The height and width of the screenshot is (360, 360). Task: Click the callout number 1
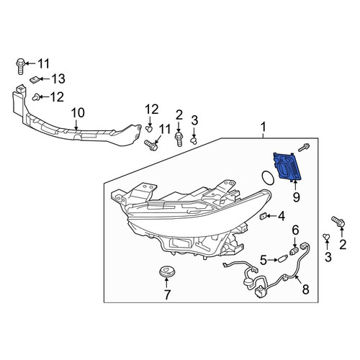click(x=264, y=127)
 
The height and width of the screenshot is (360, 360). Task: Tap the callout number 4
click(x=282, y=216)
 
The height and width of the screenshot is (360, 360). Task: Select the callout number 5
click(x=264, y=260)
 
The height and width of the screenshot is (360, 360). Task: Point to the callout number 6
click(x=295, y=230)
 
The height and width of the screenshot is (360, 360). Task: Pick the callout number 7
click(x=167, y=294)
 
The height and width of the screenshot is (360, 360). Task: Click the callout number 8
click(x=305, y=289)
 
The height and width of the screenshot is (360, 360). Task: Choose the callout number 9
click(x=296, y=197)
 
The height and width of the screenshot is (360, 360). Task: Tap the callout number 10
click(x=78, y=113)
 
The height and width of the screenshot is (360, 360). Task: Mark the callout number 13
click(x=59, y=78)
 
